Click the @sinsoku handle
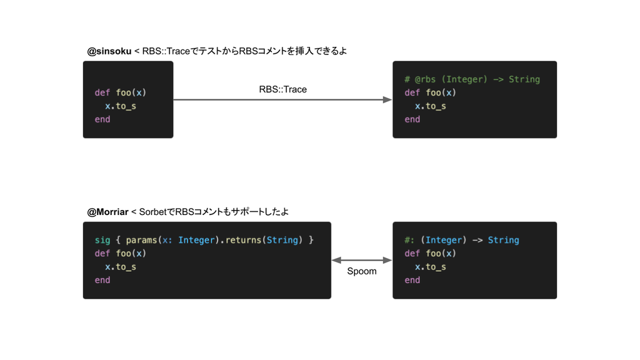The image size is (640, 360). (x=109, y=51)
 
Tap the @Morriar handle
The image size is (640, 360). (x=107, y=212)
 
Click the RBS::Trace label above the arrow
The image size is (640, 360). (x=283, y=89)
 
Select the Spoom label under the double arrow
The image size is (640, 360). (x=362, y=271)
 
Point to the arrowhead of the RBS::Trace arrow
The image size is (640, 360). (x=387, y=99)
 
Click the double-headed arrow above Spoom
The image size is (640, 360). (x=362, y=260)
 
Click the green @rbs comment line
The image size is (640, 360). (x=472, y=79)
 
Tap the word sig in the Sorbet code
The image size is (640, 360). (x=102, y=240)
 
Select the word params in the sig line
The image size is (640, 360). (x=141, y=240)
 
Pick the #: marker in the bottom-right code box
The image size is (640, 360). (x=409, y=240)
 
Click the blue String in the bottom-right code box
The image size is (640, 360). (x=504, y=240)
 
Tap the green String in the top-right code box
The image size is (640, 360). (x=524, y=79)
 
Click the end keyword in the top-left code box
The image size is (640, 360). (x=102, y=119)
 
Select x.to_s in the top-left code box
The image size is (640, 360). (x=121, y=106)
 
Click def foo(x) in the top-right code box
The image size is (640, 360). (x=430, y=92)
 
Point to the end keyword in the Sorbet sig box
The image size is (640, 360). (x=102, y=280)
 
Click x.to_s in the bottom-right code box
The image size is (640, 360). (x=430, y=267)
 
